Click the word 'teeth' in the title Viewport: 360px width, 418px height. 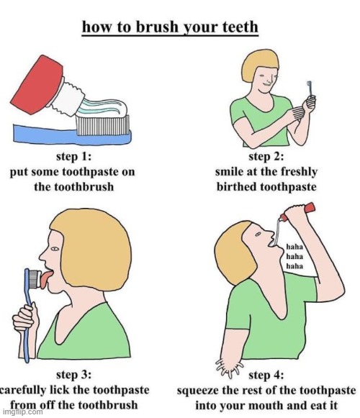240,27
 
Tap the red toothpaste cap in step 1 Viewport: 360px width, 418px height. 37,84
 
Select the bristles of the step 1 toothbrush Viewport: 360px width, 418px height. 102,125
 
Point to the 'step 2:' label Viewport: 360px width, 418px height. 266,156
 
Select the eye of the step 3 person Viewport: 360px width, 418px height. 55,249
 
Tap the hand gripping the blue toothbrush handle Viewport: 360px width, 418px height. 25,318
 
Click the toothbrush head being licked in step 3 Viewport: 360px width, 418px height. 35,279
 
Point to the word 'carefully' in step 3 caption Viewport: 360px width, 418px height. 24,390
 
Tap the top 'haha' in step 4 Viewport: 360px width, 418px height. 294,247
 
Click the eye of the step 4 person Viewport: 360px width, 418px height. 258,235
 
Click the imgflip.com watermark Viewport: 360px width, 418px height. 23,412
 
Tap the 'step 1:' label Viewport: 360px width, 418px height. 73,156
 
